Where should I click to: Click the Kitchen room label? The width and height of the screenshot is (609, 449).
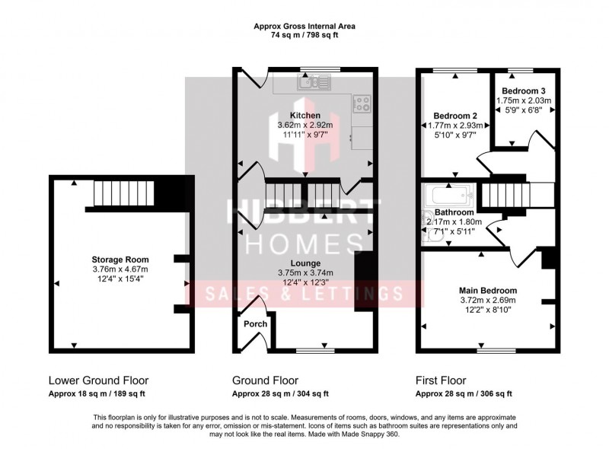pos(304,116)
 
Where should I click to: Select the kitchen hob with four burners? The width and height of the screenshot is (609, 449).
pos(361,102)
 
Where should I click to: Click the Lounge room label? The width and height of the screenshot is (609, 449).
pos(304,263)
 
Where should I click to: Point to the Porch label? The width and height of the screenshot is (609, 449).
pos(255,323)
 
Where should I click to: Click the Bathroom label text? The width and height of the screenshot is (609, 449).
pos(454,212)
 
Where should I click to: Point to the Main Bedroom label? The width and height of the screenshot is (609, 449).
pos(488,290)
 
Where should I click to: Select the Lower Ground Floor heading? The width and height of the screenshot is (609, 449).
pos(98,381)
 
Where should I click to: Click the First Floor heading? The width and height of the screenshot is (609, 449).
pos(441,381)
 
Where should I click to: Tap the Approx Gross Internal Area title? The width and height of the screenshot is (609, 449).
pos(304,26)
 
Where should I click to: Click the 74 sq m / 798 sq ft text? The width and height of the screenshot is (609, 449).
pos(304,35)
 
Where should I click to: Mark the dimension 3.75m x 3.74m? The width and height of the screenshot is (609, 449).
pos(304,272)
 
